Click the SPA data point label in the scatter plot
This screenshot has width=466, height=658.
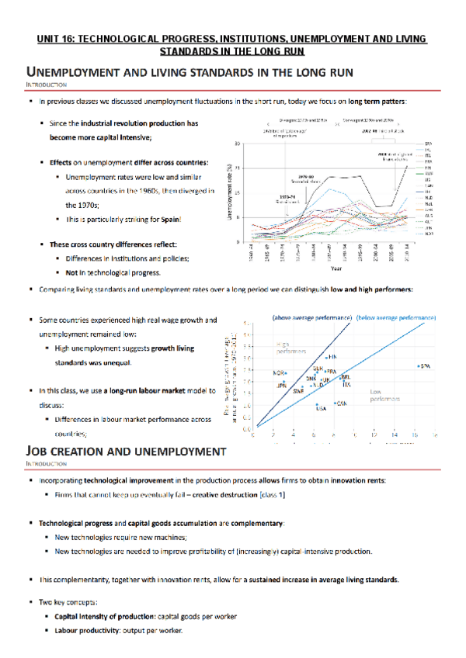pos(424,365)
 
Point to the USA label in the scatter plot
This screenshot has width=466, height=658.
pos(320,409)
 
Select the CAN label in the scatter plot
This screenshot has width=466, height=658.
pos(340,403)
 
